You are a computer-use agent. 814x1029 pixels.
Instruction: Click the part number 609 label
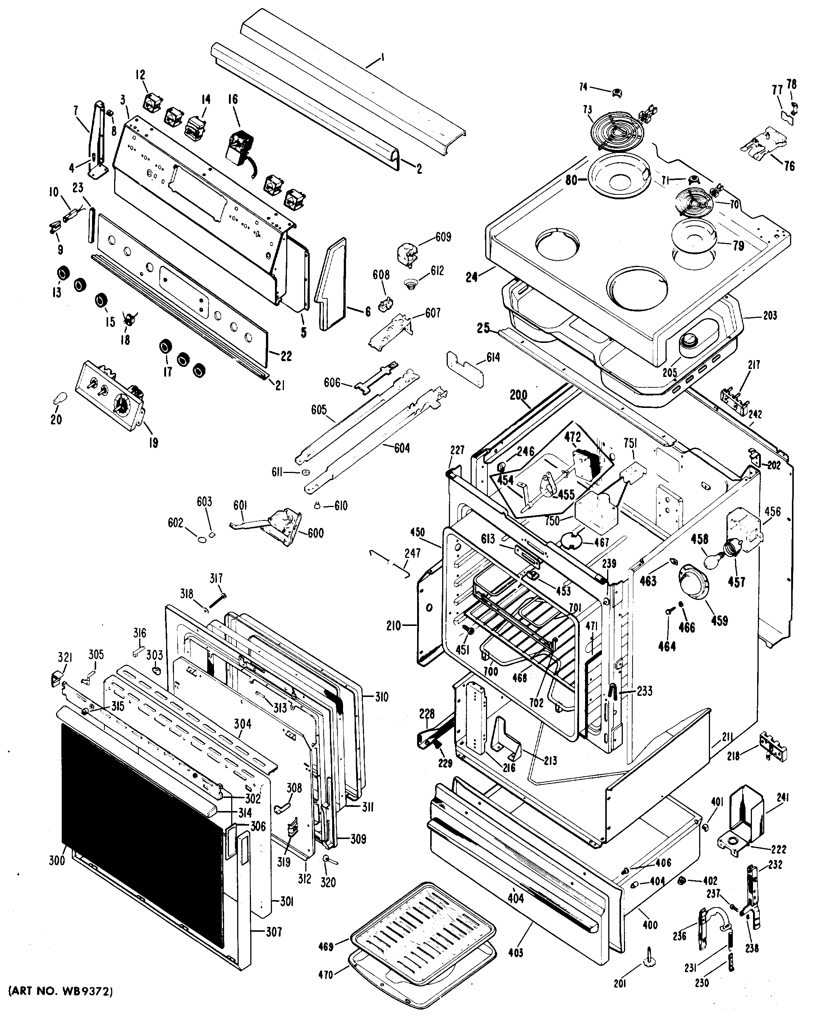pos(443,237)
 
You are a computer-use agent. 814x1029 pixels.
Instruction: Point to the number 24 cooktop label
pos(471,276)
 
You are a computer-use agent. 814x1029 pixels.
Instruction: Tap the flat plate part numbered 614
pos(465,370)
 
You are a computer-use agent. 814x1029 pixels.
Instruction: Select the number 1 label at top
pos(382,59)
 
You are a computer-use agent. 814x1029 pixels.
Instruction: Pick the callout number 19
pos(153,443)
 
